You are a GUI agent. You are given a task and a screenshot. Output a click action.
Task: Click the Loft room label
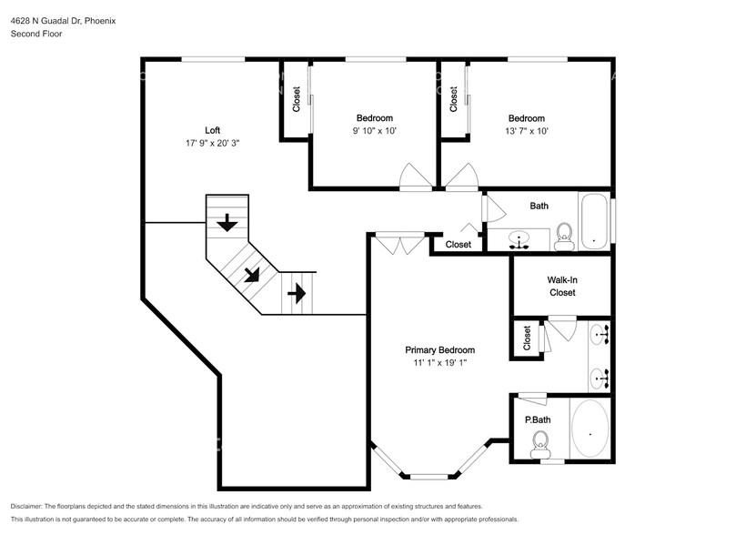pos(213,130)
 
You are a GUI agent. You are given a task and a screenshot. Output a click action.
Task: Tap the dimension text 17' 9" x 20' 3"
pos(213,143)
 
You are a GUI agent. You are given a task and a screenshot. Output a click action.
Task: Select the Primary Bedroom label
pos(439,350)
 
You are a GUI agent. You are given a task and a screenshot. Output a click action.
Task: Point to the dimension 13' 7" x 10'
pos(527,131)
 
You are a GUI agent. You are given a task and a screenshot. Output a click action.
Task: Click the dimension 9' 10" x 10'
pos(375,131)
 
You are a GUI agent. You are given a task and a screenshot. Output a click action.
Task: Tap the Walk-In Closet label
pos(562,286)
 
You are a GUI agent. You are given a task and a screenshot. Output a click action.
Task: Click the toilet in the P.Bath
pos(540,444)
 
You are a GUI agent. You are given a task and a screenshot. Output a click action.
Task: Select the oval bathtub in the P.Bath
pos(590,429)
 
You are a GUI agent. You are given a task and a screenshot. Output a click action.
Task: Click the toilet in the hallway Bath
pos(564,237)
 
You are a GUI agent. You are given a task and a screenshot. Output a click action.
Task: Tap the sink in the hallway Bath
pos(519,239)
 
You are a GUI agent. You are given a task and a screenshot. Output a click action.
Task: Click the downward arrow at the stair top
pos(227,223)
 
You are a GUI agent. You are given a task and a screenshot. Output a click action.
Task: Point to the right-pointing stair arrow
pos(297,293)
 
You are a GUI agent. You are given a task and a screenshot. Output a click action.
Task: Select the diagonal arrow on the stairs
pos(252,275)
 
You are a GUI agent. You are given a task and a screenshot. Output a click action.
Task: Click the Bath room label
pos(539,206)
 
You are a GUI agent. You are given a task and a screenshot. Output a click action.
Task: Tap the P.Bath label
pos(538,420)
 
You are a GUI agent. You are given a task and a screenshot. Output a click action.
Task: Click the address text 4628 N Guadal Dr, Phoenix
pos(63,21)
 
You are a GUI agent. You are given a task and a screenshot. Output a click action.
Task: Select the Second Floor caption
pos(36,34)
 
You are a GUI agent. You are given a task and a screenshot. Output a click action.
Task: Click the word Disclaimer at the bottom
pos(26,507)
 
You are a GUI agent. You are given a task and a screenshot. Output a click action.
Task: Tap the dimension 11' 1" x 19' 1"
pos(439,363)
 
